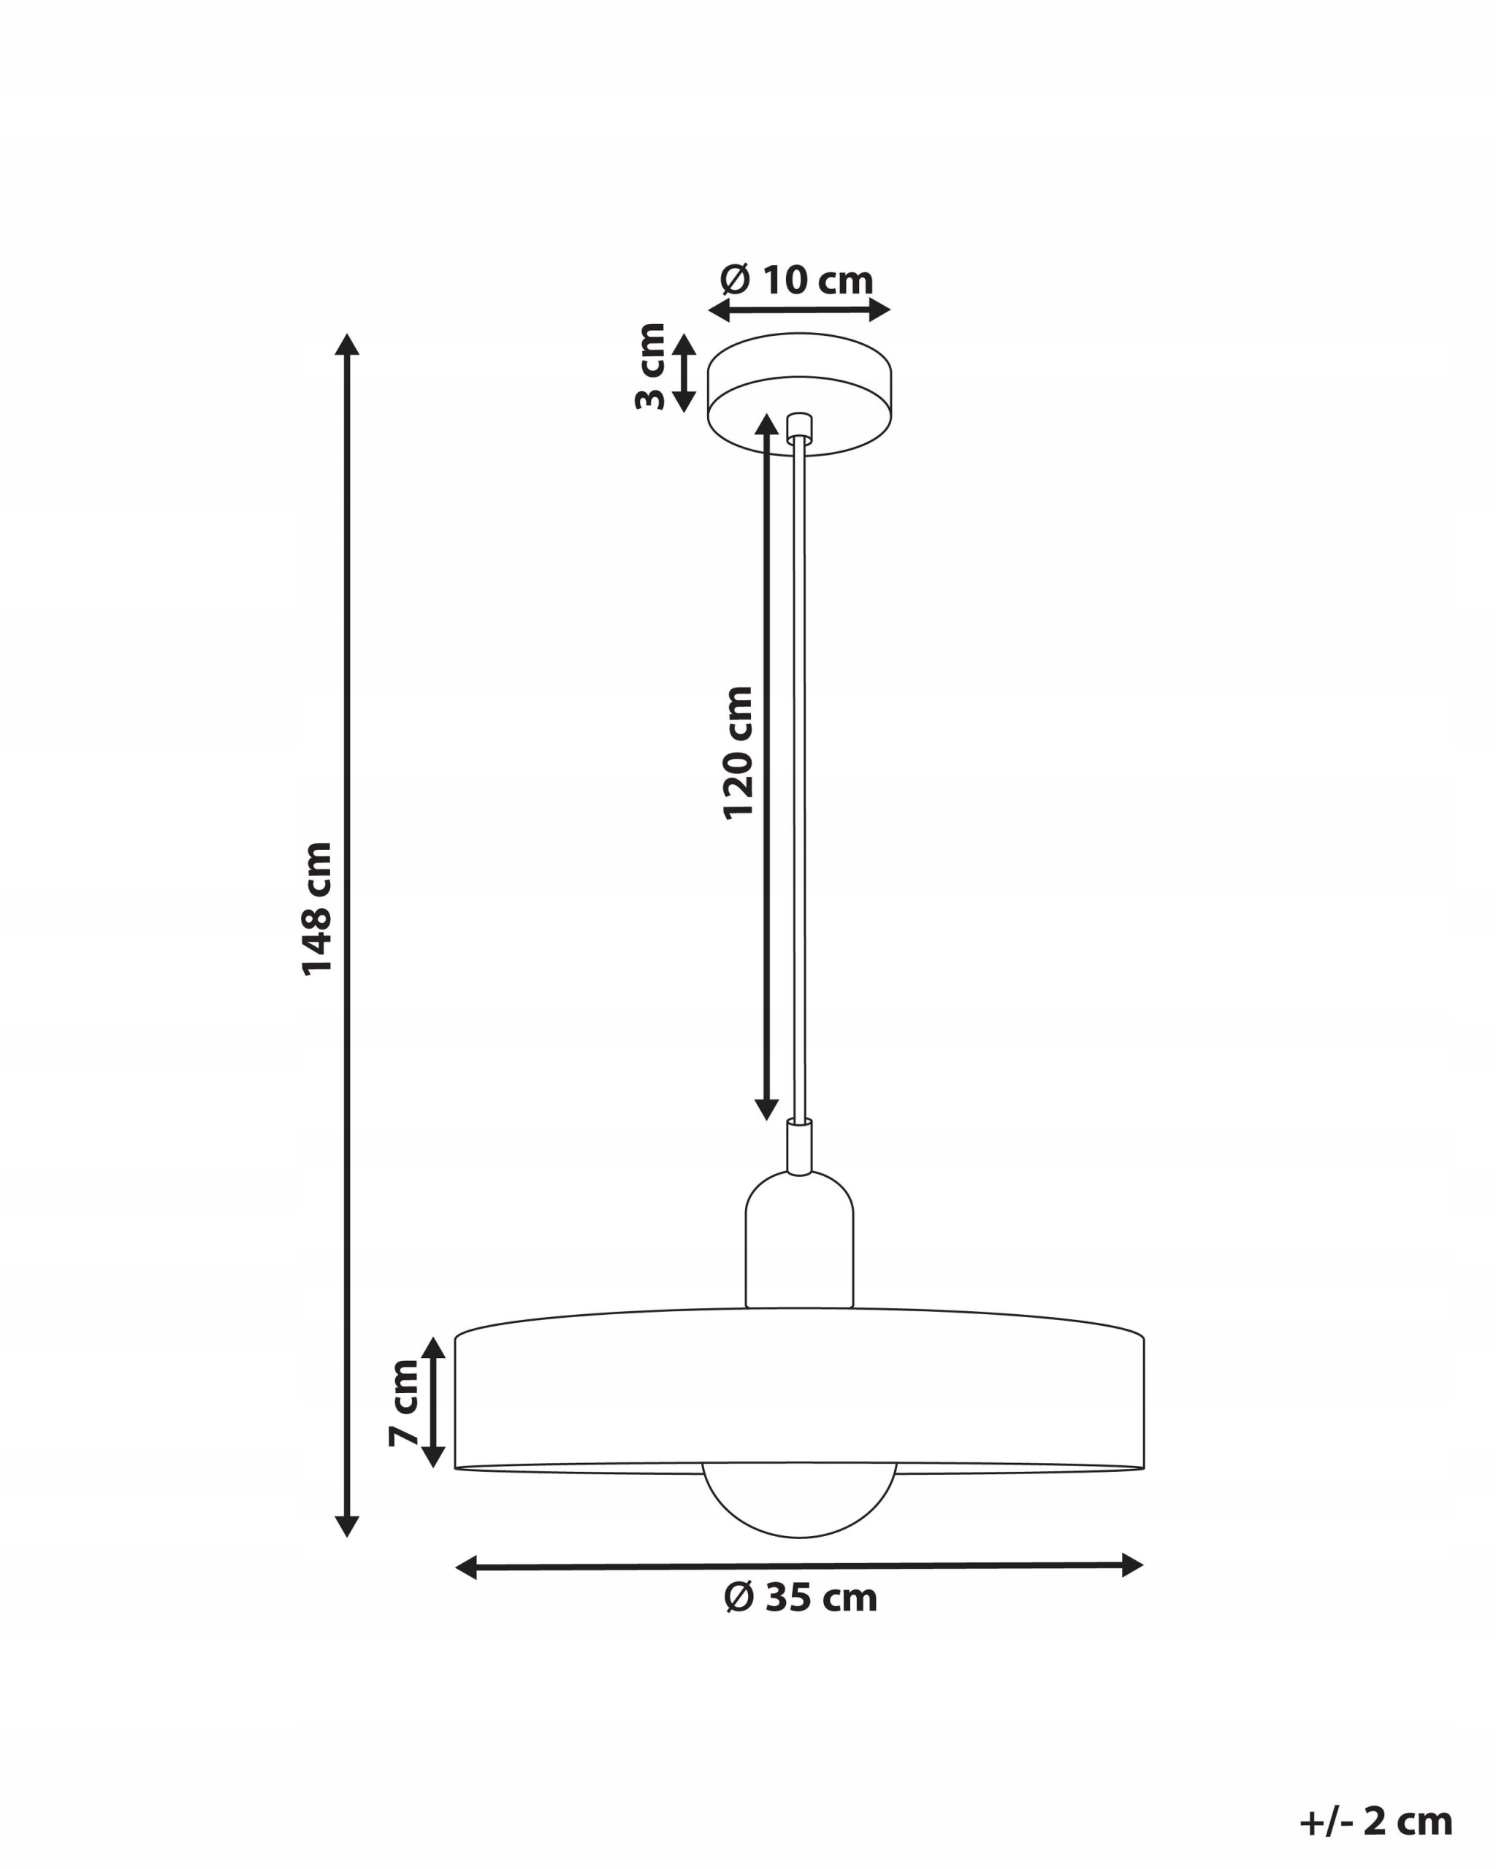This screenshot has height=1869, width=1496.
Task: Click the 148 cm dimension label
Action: coord(316,908)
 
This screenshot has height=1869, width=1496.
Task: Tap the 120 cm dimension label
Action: coord(738,753)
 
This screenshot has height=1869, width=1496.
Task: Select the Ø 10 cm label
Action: coord(797,280)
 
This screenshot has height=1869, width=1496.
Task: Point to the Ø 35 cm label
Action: coord(801,1597)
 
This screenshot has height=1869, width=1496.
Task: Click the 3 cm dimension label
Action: coord(649,366)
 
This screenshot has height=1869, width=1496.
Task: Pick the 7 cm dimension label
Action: coord(403,1402)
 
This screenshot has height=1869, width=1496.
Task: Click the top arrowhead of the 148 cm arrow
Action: coord(347,344)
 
